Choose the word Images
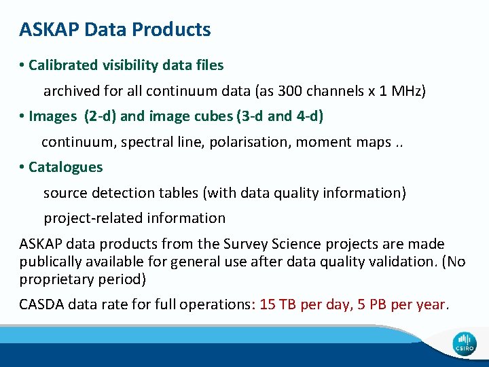53,116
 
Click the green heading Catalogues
66,167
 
